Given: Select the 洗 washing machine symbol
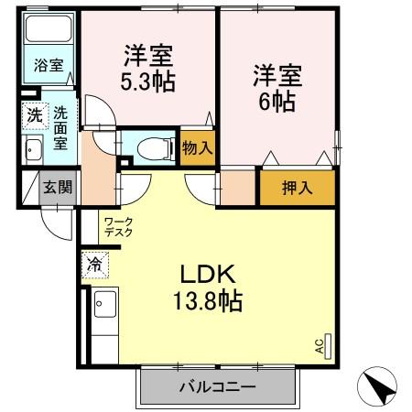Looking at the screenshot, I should tap(33, 117).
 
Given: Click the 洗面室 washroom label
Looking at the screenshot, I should tap(60, 127).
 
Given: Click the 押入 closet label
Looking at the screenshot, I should tap(296, 188).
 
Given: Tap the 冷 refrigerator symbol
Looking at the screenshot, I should tap(94, 264).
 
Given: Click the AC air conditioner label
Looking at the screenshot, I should tap(320, 346).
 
